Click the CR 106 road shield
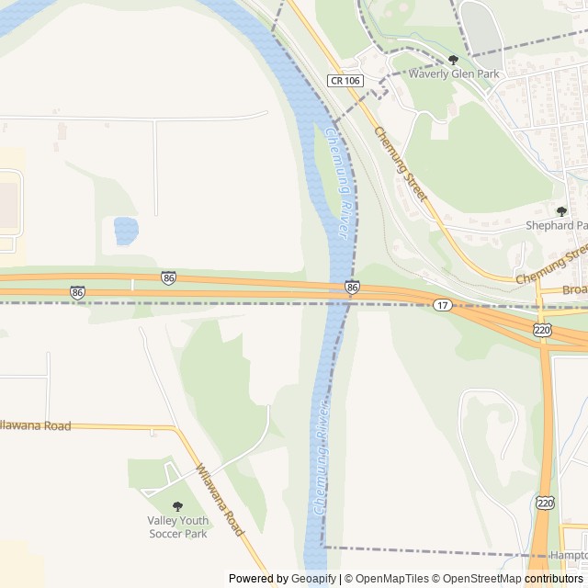[x=345, y=81]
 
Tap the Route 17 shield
[x=443, y=304]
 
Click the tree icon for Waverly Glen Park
[x=453, y=60]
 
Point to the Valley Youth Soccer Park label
[x=177, y=526]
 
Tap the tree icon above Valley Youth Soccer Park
[x=177, y=506]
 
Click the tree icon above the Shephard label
[x=561, y=211]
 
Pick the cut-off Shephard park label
[x=556, y=225]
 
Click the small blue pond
[x=126, y=230]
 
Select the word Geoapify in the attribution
[x=313, y=579]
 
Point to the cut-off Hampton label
[x=569, y=556]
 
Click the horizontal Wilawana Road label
[x=35, y=425]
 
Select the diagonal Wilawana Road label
[x=220, y=500]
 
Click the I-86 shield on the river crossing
[x=353, y=287]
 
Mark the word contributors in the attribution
[x=554, y=579]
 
